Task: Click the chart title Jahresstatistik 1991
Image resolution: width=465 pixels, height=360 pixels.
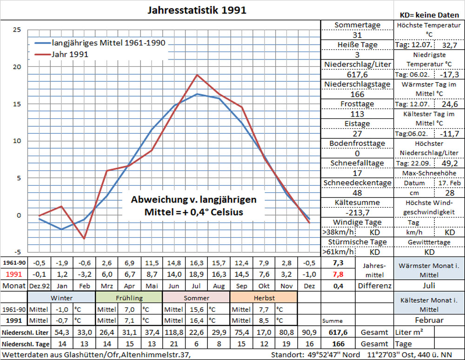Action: click(x=197, y=10)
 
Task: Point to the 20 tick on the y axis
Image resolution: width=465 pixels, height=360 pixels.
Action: click(x=16, y=66)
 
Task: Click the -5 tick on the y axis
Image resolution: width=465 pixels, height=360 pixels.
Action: click(x=16, y=252)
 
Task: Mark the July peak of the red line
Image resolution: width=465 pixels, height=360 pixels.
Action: click(x=197, y=75)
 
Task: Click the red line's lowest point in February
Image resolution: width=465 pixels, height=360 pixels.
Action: click(x=84, y=239)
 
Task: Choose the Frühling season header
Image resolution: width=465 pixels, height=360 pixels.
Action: click(x=129, y=297)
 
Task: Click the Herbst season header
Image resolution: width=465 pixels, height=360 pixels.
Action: click(x=263, y=297)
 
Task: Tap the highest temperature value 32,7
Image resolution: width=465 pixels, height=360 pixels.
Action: click(x=449, y=46)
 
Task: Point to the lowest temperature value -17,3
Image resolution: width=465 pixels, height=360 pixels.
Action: click(x=449, y=75)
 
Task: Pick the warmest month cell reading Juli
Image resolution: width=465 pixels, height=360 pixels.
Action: click(x=429, y=285)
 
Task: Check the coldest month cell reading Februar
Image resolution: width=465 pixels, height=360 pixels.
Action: click(x=429, y=321)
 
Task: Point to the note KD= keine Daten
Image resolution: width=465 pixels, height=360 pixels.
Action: click(x=429, y=15)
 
